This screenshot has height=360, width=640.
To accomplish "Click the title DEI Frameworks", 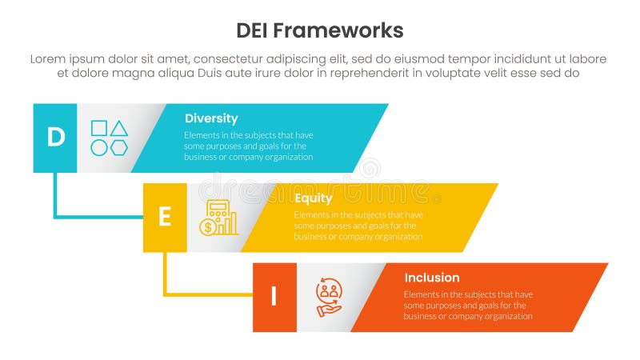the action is coord(320,30).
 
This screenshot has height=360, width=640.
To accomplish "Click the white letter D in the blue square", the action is coord(55,138).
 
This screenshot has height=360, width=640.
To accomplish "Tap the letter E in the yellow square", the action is coord(165,218).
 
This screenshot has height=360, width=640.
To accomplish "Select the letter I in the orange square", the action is coord(274,297).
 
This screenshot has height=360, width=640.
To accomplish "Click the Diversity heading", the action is coord(211,118).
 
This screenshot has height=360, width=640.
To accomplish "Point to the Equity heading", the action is coord(314,198).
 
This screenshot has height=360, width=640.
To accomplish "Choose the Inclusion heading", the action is coord(432,278).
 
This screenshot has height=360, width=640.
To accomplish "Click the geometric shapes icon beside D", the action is coord(110,138).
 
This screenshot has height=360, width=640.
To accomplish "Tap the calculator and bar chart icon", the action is coord(218,218).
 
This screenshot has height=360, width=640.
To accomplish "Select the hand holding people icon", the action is coord(328,297).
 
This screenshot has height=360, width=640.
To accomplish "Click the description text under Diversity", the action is coord(249,146).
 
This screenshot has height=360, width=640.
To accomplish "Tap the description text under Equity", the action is coord(358,226).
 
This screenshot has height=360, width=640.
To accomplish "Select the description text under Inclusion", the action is coord(468,306).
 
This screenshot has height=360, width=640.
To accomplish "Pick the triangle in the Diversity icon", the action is coord(119,128).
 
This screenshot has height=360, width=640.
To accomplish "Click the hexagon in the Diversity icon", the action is coord(119,147).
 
